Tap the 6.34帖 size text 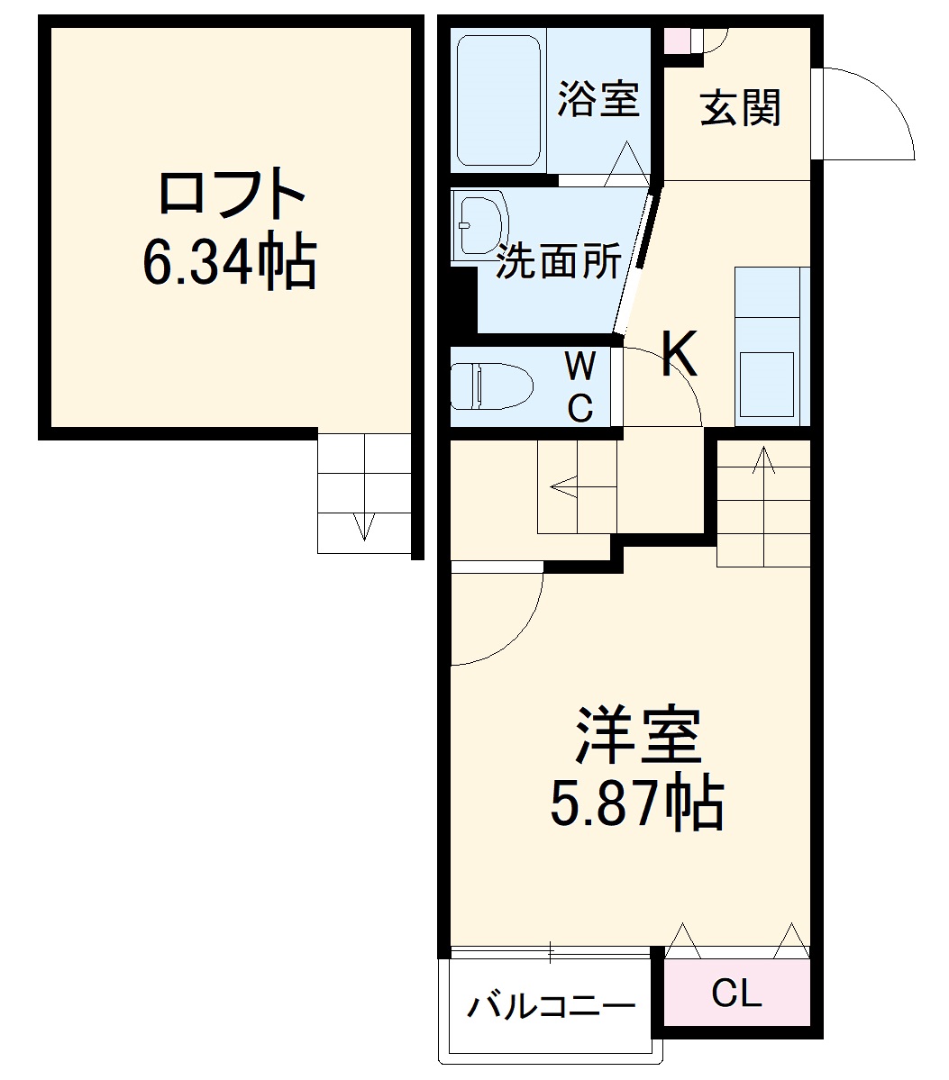click(230, 260)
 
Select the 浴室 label click(598, 99)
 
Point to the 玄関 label click(740, 108)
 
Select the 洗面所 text click(559, 261)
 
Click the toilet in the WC click(491, 386)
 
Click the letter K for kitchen click(680, 354)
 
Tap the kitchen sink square click(766, 384)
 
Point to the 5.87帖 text click(637, 803)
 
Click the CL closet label click(736, 994)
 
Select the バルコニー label click(550, 1006)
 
